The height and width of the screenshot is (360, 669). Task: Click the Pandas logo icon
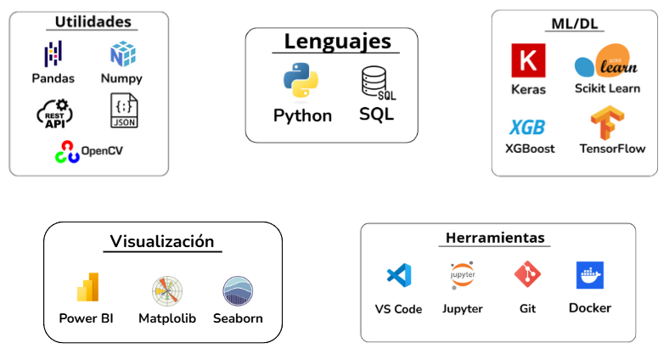53,53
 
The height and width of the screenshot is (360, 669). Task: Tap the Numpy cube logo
123,53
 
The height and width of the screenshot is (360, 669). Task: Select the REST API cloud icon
54,114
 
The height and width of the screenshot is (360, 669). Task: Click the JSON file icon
124,110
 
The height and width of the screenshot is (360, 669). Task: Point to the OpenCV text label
102,150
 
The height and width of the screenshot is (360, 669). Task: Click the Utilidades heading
93,22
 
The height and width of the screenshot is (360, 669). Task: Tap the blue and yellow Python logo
301,80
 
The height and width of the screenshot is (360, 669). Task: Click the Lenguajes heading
338,42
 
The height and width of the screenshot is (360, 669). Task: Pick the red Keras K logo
528,60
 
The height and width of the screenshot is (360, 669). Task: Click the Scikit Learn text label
607,88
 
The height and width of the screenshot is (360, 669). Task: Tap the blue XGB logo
527,127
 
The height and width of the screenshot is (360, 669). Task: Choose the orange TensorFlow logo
607,122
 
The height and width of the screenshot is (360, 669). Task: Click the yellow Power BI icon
87,287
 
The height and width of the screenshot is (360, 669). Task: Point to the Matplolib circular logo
167,291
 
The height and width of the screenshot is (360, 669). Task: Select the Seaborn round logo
238,291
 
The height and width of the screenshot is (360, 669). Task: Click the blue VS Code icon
399,275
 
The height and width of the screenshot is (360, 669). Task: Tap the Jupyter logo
463,275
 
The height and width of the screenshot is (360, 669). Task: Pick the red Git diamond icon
527,274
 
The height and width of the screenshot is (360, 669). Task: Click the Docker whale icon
590,275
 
